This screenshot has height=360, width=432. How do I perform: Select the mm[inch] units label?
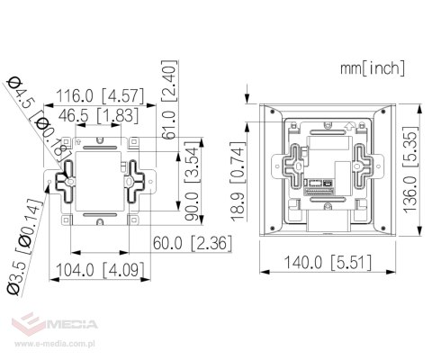pyautogui.click(x=373, y=67)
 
